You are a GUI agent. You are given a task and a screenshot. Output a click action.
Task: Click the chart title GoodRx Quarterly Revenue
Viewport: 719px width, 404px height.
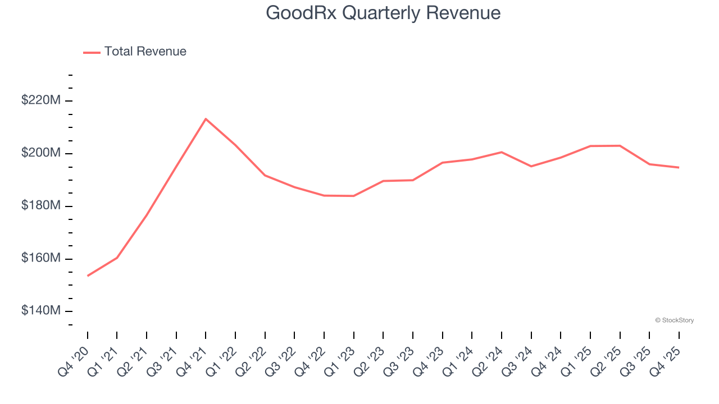(x=383, y=12)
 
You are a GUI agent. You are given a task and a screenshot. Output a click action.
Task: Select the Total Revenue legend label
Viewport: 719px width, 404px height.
(x=145, y=52)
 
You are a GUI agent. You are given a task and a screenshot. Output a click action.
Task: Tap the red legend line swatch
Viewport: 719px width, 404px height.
(x=92, y=52)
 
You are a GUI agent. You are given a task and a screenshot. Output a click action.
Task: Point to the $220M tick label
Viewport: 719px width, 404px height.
(x=41, y=100)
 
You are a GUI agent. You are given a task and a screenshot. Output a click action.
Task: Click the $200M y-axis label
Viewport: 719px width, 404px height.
(x=41, y=153)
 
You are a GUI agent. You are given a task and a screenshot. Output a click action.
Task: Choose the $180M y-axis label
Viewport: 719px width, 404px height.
(x=41, y=206)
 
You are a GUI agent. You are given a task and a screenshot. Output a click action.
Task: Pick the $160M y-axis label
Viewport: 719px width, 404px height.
(x=41, y=259)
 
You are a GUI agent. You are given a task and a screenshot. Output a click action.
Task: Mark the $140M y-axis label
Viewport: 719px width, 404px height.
(x=41, y=311)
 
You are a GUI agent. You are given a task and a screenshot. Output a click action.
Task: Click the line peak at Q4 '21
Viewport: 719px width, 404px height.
(x=206, y=119)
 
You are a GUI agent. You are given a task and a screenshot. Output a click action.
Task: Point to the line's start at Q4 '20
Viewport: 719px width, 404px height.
(x=88, y=276)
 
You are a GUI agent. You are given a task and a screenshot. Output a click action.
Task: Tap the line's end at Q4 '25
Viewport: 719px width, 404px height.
(x=679, y=167)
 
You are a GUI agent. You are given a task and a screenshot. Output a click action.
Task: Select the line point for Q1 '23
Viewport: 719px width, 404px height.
(x=353, y=196)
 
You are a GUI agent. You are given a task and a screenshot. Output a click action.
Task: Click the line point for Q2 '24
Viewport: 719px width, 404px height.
(x=501, y=152)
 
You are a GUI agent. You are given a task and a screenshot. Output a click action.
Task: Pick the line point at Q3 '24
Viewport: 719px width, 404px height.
(x=531, y=166)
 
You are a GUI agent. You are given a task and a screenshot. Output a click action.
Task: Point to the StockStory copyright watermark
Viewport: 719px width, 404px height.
(x=674, y=320)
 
